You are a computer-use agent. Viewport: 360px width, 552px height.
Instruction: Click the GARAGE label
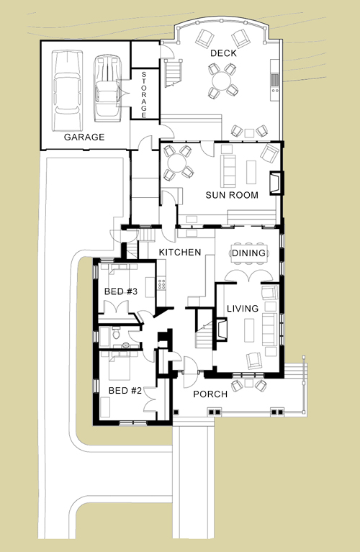(84, 137)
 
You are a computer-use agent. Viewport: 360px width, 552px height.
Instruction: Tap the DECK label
(223, 53)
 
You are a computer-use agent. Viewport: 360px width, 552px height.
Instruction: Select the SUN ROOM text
(232, 195)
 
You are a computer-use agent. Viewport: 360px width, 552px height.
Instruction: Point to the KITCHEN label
(180, 252)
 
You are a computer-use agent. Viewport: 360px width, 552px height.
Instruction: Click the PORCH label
(210, 394)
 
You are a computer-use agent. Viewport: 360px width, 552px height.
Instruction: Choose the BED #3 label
(121, 291)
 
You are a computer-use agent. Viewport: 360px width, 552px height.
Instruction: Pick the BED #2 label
(125, 390)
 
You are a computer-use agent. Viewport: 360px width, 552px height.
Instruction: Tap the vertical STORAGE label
(144, 95)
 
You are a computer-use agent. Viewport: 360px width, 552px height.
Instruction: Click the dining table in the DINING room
(248, 253)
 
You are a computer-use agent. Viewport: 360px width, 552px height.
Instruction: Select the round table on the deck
(221, 80)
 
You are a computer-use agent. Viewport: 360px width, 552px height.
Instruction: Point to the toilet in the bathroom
(117, 332)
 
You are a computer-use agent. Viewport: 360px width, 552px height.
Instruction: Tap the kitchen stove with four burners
(162, 284)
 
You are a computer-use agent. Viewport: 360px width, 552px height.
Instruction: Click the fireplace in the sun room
(276, 183)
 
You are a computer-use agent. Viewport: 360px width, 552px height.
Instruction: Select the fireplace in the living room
(221, 329)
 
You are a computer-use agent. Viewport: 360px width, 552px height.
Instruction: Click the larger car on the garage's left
(67, 91)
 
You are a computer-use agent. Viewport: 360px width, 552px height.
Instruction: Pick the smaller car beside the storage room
(107, 88)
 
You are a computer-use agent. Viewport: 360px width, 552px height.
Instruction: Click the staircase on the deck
(174, 73)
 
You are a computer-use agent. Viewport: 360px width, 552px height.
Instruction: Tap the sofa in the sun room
(228, 171)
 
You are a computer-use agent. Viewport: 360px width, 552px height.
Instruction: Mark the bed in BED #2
(120, 367)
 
